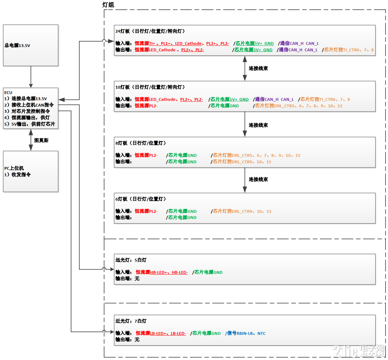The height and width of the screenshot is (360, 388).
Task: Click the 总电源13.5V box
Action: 31,45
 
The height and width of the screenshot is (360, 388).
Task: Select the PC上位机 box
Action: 31,171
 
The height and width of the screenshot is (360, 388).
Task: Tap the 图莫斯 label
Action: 41,140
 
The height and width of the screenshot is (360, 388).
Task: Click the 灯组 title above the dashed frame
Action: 108,5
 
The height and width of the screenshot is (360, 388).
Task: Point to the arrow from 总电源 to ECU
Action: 31,77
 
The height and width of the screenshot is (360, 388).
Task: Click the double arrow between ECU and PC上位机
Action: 31,140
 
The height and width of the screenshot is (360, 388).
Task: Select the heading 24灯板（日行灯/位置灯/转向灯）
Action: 150,31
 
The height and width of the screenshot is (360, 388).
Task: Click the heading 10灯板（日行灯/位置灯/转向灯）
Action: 150,87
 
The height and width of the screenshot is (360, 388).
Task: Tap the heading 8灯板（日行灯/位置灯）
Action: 140,143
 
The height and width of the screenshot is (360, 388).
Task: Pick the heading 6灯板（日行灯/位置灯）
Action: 140,199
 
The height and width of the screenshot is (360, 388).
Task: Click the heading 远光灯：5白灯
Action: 131,260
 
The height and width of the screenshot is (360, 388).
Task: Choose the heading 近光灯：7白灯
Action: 131,321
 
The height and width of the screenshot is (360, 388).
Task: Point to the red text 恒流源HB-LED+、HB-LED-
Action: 162,272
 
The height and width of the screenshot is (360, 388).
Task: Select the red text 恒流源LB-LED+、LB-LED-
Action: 161,333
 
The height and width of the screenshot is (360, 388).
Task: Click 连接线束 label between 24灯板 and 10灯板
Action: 258,68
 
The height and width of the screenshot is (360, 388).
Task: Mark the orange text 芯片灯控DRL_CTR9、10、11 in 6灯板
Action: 242,211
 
